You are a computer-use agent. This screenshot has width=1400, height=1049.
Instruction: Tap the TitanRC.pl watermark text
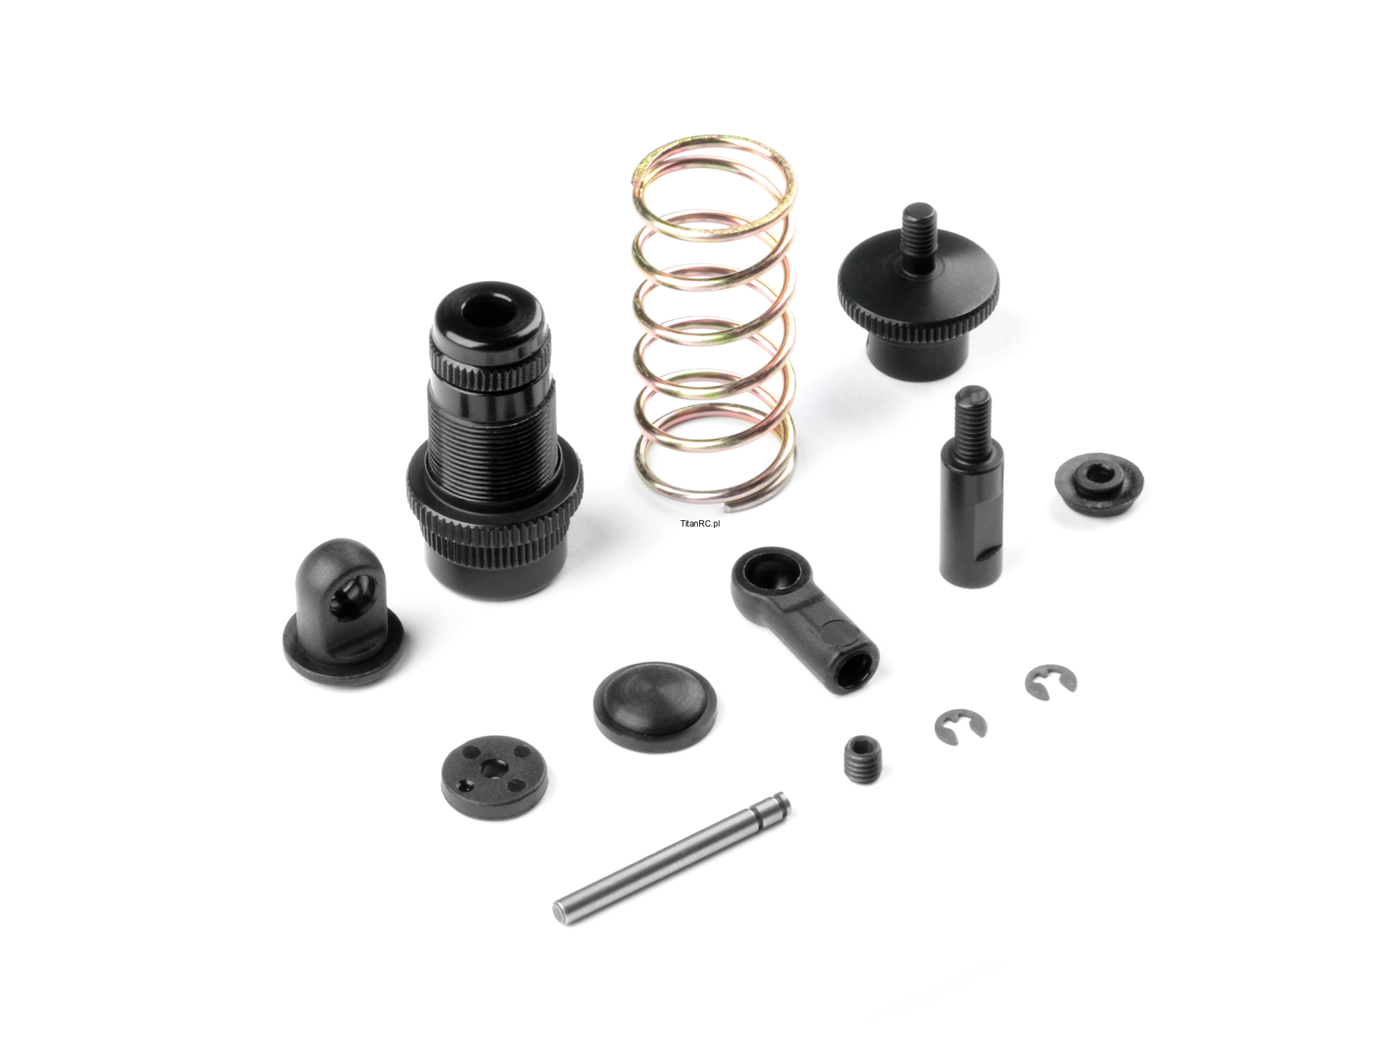699,523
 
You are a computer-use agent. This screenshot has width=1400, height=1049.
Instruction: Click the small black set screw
864,759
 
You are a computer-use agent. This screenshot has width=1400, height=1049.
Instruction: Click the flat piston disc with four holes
495,776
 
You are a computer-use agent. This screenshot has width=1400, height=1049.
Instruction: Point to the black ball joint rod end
805,620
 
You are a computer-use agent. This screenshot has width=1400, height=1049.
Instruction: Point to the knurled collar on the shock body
493,529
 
